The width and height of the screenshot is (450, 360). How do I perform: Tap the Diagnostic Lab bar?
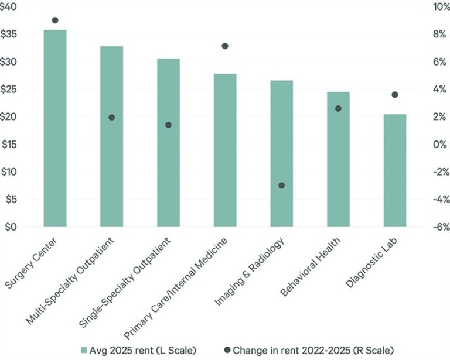click(x=395, y=170)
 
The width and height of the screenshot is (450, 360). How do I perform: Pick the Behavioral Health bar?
click(x=338, y=159)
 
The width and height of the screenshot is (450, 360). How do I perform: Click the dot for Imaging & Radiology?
click(x=281, y=186)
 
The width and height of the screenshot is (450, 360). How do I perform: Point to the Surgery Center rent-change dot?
click(x=55, y=20)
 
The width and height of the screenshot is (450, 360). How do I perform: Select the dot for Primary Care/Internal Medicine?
click(x=225, y=46)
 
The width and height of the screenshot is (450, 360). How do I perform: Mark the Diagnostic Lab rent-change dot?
click(x=395, y=95)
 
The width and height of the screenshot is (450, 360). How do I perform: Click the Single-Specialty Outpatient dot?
click(x=168, y=125)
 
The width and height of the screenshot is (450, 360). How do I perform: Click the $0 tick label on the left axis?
click(x=13, y=227)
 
